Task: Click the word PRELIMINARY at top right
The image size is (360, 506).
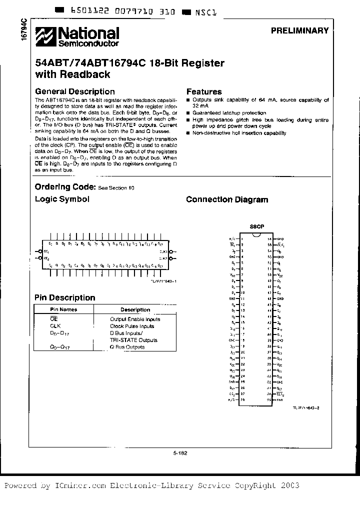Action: click(299, 30)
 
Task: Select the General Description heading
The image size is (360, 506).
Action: click(74, 91)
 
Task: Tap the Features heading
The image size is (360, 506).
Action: click(204, 91)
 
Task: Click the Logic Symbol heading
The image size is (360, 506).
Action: click(62, 199)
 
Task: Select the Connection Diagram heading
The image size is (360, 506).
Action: click(227, 199)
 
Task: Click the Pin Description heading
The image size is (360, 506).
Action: click(64, 297)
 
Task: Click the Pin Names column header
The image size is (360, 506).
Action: click(63, 309)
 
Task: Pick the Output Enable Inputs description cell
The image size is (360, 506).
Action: click(135, 319)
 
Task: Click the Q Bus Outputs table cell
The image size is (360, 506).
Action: click(127, 347)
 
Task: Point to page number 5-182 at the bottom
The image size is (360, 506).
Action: click(180, 453)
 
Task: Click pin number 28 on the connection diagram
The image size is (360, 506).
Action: click(242, 400)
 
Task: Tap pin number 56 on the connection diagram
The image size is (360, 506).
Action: click(269, 239)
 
